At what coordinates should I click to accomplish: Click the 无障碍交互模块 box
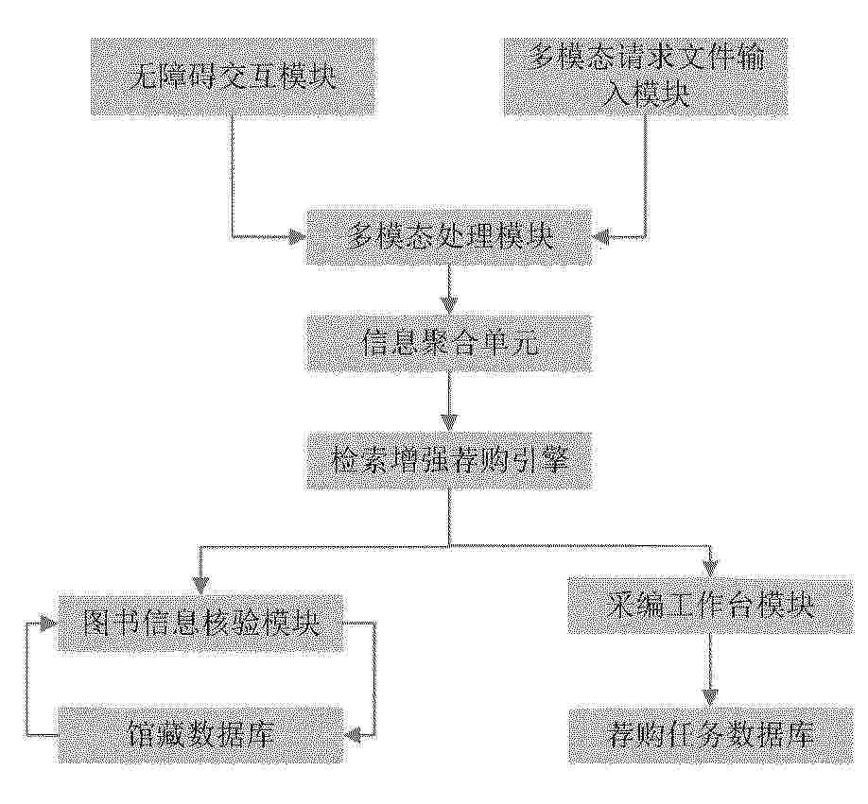click(x=234, y=77)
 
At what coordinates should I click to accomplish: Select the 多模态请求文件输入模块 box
click(x=645, y=77)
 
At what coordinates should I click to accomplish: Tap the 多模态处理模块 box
click(x=449, y=237)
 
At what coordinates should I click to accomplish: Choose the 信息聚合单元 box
click(x=449, y=343)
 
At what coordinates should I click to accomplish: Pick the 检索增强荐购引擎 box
click(x=449, y=461)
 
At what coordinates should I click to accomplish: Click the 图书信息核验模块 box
click(x=201, y=623)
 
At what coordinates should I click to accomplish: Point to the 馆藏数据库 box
click(x=201, y=735)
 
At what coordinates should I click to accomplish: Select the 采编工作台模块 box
click(x=711, y=605)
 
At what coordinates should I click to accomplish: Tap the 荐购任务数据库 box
click(x=711, y=735)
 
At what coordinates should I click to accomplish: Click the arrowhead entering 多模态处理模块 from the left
click(x=297, y=237)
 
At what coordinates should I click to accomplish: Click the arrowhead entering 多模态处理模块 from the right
click(x=601, y=237)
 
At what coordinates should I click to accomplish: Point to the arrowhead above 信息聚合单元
click(x=449, y=305)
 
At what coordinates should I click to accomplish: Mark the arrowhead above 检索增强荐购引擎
click(x=449, y=423)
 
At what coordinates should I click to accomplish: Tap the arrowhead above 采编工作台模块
click(x=711, y=567)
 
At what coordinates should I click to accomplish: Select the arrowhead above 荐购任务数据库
click(x=711, y=697)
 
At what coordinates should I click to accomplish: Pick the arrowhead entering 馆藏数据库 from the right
click(x=354, y=735)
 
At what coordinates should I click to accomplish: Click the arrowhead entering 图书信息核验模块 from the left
click(x=49, y=624)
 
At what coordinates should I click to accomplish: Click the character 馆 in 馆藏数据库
click(x=140, y=735)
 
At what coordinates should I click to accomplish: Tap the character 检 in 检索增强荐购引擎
click(x=345, y=461)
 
